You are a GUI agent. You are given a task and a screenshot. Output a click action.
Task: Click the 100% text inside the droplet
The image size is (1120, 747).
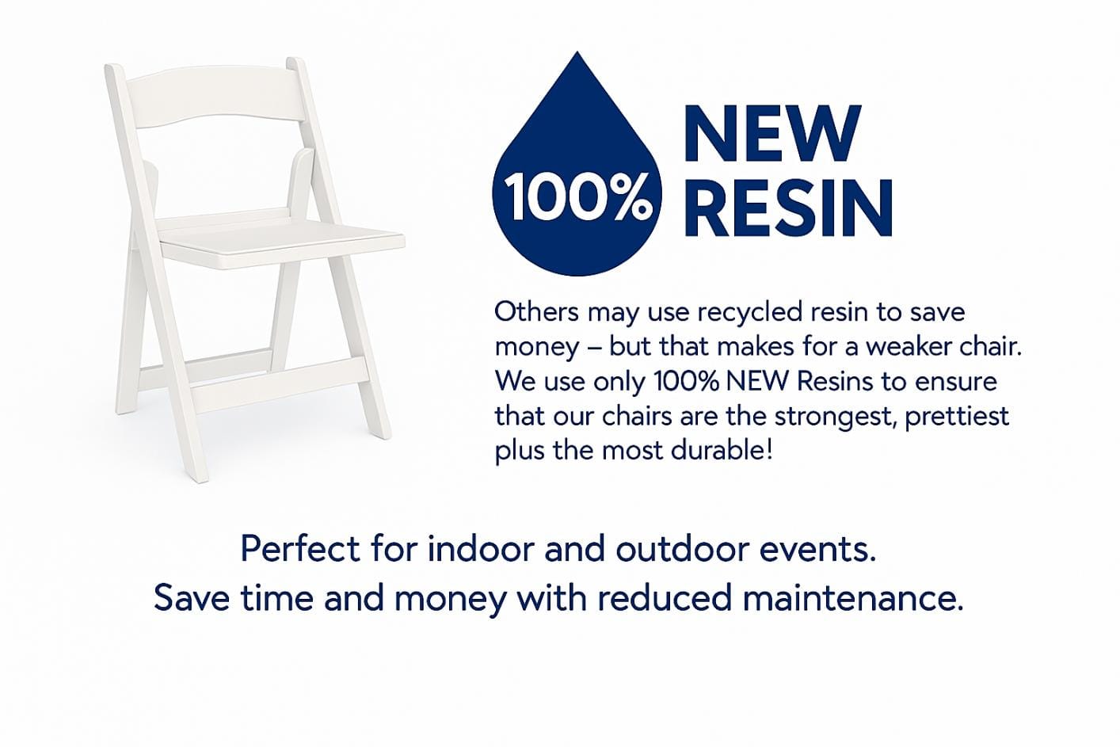click(x=577, y=198)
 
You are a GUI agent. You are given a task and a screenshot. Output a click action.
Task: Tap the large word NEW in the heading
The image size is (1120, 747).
click(x=772, y=133)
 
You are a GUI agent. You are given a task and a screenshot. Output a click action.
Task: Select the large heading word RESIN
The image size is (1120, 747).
click(x=788, y=208)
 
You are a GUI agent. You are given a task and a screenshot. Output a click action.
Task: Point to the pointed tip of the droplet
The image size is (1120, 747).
click(x=577, y=51)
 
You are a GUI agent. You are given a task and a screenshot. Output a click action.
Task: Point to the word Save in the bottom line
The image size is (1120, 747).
click(x=192, y=598)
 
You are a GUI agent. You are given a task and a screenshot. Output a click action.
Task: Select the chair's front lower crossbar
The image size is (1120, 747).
click(x=279, y=385)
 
